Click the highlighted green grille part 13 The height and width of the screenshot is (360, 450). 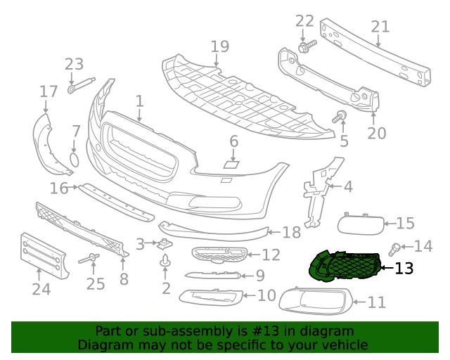pyautogui.click(x=345, y=266)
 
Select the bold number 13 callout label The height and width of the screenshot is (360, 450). pyautogui.click(x=404, y=269)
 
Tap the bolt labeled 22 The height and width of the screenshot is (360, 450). pyautogui.click(x=307, y=46)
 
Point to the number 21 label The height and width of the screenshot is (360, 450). pyautogui.click(x=380, y=27)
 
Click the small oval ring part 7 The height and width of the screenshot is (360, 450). pyautogui.click(x=75, y=160)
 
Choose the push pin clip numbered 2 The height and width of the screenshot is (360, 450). pyautogui.click(x=165, y=260)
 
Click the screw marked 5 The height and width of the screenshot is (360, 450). pyautogui.click(x=340, y=116)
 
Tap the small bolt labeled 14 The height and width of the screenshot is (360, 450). pyautogui.click(x=394, y=250)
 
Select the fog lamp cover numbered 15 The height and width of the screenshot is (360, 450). pyautogui.click(x=361, y=224)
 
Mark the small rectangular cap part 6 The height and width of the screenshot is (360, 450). pyautogui.click(x=231, y=165)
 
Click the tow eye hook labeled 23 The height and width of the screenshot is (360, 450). pyautogui.click(x=82, y=85)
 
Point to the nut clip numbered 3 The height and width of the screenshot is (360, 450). pyautogui.click(x=165, y=244)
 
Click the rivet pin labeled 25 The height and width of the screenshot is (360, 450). pyautogui.click(x=89, y=258)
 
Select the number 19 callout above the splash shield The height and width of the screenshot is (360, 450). pyautogui.click(x=220, y=46)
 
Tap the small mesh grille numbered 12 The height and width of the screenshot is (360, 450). pyautogui.click(x=219, y=255)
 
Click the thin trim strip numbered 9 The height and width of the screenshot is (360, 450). pyautogui.click(x=213, y=275)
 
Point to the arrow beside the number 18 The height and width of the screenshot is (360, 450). pyautogui.click(x=274, y=232)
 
